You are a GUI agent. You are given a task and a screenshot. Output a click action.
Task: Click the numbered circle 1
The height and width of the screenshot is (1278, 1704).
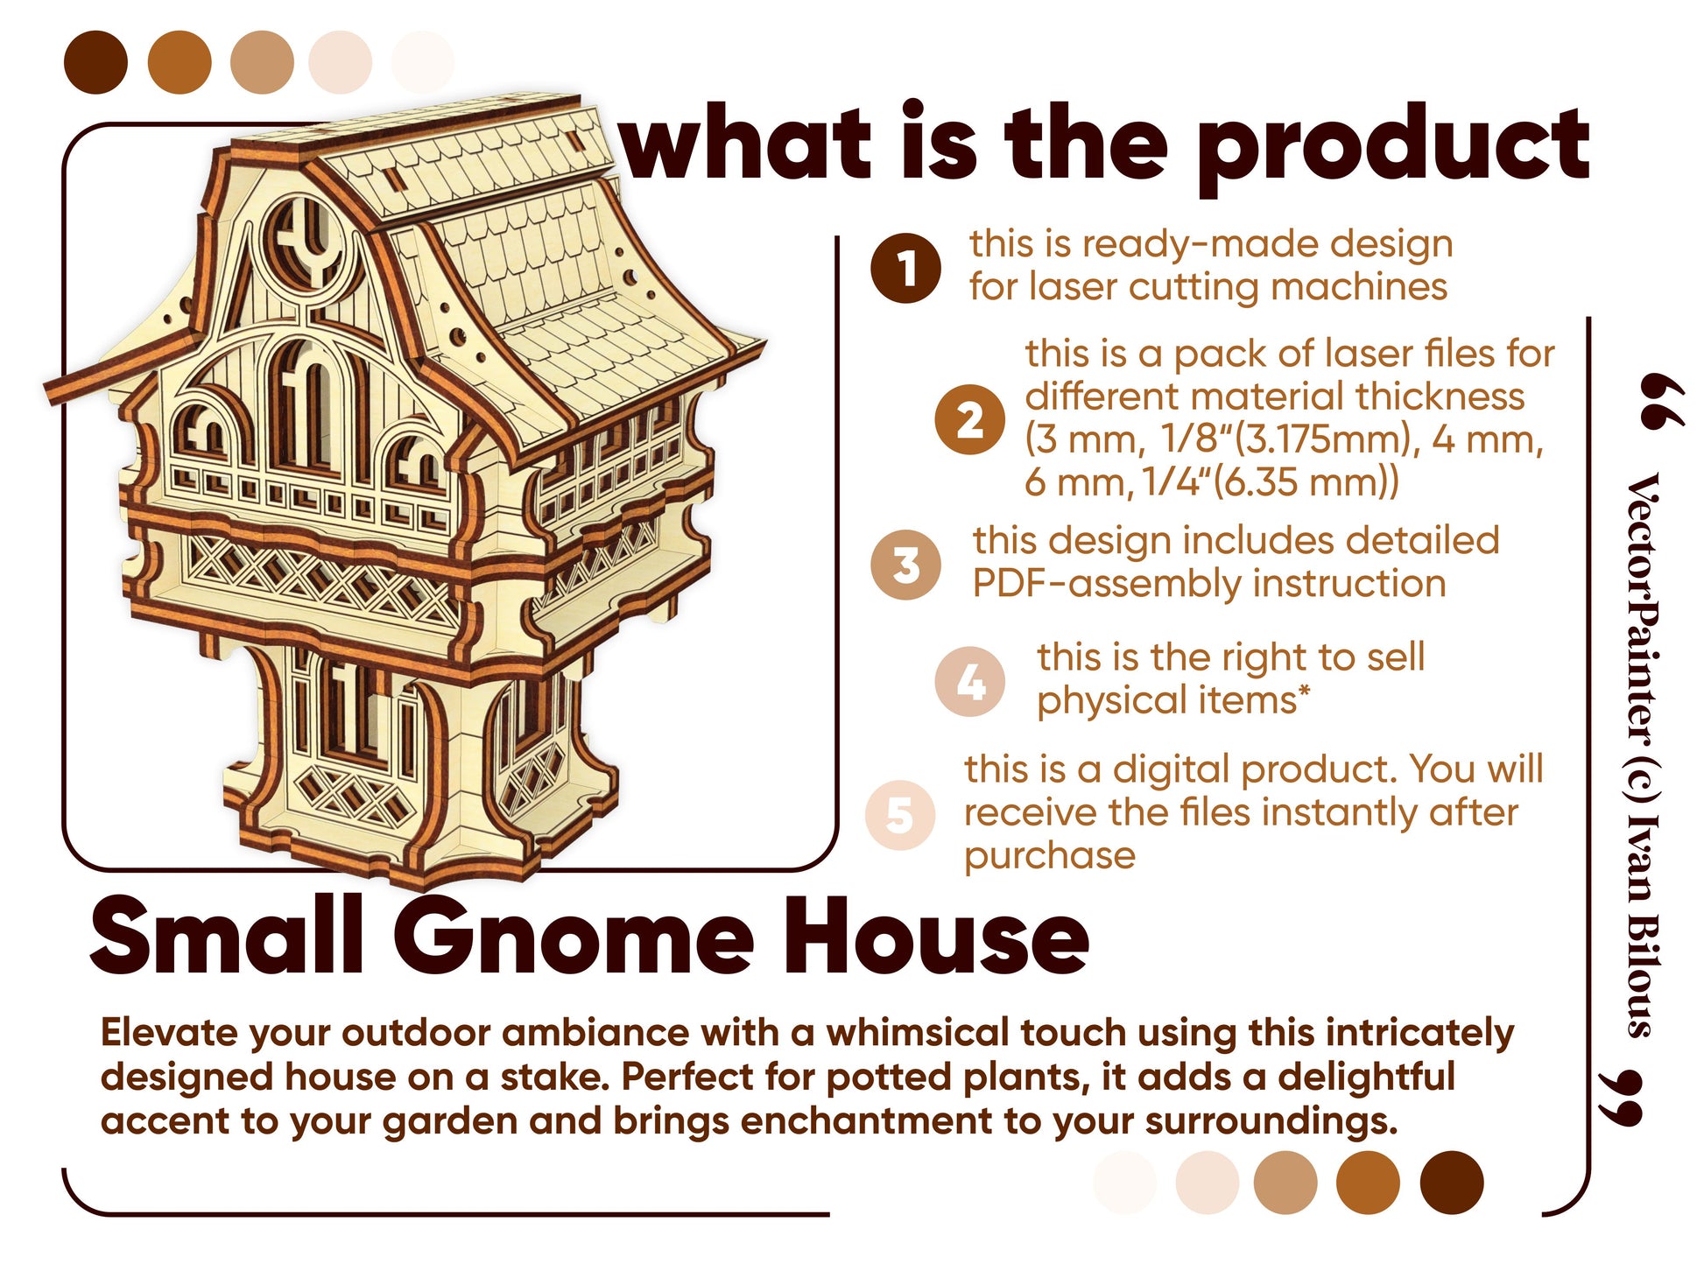pos(905,268)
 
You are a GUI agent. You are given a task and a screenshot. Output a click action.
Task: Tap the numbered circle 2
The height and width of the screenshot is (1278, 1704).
pos(968,419)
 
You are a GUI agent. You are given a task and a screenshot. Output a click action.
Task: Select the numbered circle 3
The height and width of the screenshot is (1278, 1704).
pos(905,565)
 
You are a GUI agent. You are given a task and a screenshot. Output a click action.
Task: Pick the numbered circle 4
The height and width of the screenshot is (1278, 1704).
pos(969,682)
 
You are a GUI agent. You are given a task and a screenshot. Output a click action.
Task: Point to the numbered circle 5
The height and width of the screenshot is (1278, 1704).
pos(900,815)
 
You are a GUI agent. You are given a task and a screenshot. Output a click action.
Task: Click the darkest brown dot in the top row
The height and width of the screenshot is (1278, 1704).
pos(96,62)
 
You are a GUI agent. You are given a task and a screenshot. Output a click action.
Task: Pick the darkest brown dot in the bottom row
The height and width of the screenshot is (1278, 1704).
pos(1452,1183)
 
